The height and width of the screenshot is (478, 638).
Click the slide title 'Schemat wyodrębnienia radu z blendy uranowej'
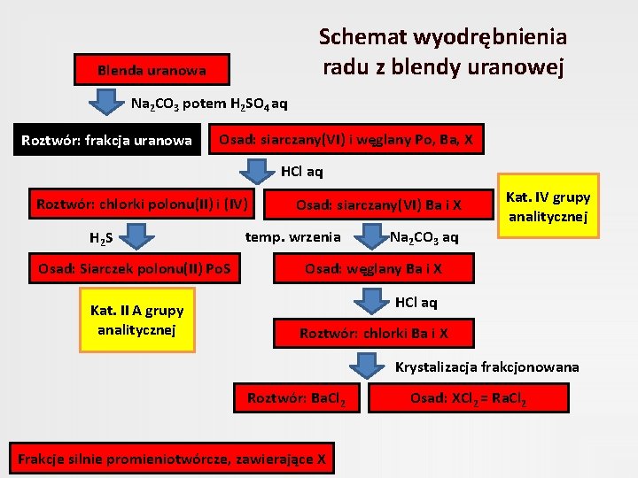tap(443, 51)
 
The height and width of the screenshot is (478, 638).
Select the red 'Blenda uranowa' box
tap(152, 70)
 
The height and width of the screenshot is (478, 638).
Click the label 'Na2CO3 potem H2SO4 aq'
tap(209, 104)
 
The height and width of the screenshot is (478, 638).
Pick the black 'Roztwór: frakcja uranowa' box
tap(106, 140)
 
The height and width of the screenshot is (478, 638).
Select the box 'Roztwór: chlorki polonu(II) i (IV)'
tap(142, 204)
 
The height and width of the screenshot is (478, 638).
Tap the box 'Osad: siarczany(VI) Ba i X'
tap(378, 204)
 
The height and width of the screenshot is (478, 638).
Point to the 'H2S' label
tap(99, 238)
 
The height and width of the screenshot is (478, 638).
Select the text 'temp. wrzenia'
tap(292, 236)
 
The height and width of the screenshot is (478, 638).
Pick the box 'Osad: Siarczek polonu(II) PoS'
tap(134, 269)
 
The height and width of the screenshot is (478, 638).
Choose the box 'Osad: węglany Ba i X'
tap(373, 269)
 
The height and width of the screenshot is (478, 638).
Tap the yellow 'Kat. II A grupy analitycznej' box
tap(137, 320)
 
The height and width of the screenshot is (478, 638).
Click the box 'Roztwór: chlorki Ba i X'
tap(374, 334)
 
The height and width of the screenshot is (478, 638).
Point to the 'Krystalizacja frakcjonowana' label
tap(486, 366)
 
